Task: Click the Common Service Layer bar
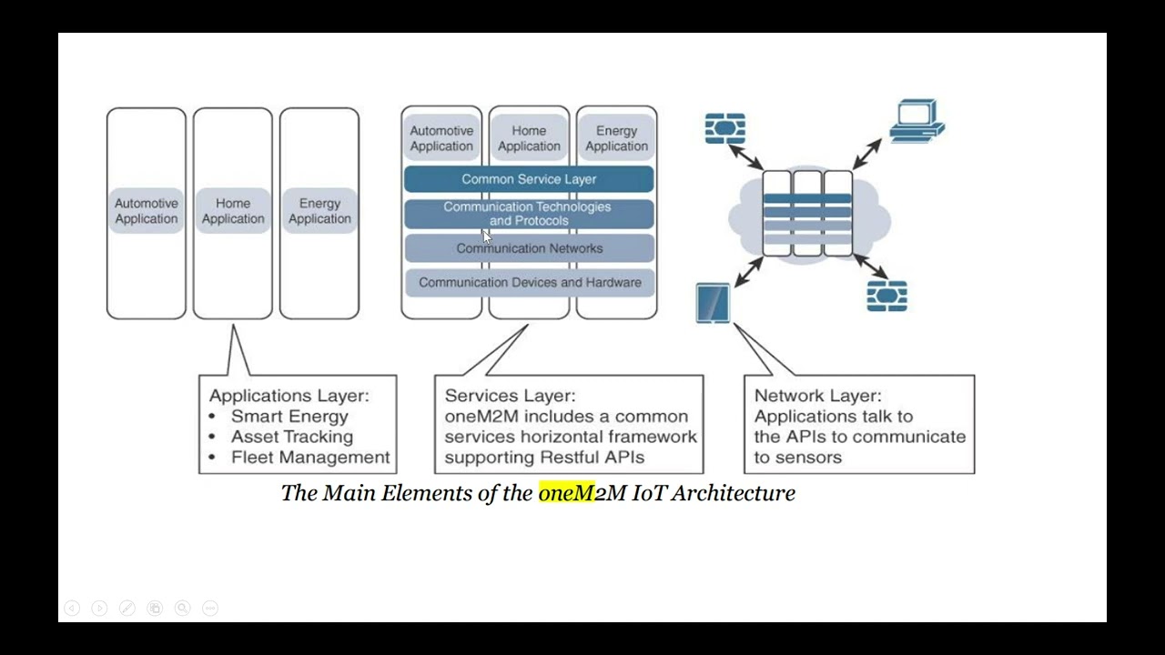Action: point(529,179)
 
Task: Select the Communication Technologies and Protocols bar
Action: point(529,214)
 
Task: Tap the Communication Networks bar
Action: point(529,248)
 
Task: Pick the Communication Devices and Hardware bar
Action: point(529,283)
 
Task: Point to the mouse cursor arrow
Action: point(486,237)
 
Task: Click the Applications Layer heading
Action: point(289,396)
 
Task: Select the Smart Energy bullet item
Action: point(289,417)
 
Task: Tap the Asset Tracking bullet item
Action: point(291,437)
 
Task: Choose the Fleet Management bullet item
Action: point(309,458)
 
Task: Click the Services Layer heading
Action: point(510,396)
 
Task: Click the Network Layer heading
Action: point(817,396)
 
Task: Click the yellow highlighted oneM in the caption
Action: point(565,493)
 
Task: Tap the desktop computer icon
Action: point(916,120)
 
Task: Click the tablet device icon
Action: point(713,303)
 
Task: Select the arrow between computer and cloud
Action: point(867,153)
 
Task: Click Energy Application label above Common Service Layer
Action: point(616,138)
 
